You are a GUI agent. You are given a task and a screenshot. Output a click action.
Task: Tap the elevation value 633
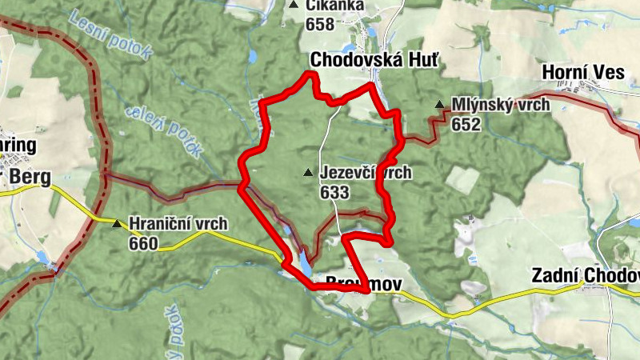334,192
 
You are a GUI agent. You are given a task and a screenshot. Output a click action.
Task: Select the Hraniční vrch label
178,223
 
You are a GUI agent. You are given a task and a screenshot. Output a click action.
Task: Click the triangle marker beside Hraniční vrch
118,223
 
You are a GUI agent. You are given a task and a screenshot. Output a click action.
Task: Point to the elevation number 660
143,243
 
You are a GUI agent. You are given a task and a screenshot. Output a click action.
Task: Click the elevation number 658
319,24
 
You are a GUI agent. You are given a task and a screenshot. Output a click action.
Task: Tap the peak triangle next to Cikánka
294,6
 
